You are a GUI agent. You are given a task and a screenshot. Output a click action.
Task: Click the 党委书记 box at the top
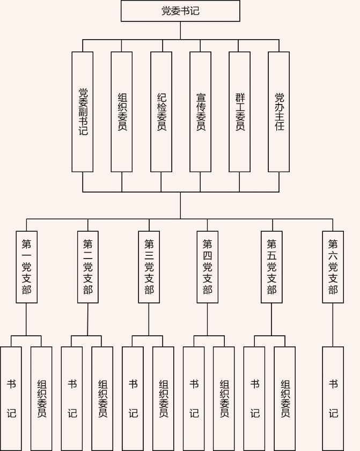180,11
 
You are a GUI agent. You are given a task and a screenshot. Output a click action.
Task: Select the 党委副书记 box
83,112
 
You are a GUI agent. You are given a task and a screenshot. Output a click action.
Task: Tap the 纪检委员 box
161,112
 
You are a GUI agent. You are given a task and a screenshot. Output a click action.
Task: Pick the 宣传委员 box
200,112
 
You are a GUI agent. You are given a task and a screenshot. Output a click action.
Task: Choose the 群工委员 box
239,112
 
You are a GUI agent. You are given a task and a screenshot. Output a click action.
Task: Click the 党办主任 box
278,112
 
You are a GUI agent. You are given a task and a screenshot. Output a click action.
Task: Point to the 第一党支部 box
26,267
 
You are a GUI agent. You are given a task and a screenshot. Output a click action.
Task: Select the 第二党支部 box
88,267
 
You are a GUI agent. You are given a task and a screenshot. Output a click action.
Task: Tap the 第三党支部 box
149,267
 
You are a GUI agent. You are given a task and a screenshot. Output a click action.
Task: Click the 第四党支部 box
207,267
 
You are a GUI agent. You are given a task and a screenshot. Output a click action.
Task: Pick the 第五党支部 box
271,267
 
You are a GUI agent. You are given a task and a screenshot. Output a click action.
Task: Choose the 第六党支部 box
333,267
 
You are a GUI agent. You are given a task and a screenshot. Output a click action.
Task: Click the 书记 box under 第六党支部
333,398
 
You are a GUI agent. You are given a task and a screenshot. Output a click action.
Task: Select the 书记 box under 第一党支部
11,398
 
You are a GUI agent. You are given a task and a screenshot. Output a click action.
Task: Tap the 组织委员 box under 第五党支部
285,398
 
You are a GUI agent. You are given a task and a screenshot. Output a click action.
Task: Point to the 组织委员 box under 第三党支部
163,398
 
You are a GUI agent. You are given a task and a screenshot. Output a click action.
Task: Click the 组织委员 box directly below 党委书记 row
122,112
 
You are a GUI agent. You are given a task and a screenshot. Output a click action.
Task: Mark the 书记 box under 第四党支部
194,398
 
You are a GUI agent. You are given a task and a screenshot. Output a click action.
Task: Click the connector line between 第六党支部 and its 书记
333,325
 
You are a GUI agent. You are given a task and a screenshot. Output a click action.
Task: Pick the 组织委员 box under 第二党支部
102,398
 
